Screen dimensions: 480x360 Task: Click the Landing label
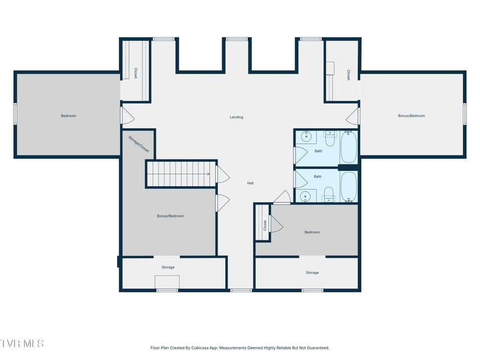click(236, 117)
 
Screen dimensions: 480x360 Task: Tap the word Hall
click(250, 183)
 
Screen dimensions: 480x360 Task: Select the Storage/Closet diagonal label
click(138, 144)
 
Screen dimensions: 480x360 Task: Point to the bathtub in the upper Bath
click(349, 147)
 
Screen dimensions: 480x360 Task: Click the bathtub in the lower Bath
click(349, 186)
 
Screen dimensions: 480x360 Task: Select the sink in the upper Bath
click(306, 137)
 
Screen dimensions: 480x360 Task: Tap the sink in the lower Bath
click(305, 196)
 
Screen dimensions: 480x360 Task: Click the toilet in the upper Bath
click(330, 139)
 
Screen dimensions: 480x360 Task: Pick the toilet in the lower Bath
click(329, 194)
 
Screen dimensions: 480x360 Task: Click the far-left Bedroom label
click(68, 116)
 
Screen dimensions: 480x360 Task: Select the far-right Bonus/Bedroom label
click(411, 116)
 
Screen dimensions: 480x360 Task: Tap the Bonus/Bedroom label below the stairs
click(170, 216)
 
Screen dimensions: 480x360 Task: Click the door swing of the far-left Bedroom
click(128, 115)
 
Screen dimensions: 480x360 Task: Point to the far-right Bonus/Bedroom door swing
click(352, 116)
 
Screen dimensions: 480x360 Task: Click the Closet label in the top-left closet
click(135, 73)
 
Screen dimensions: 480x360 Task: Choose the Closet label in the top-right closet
click(348, 75)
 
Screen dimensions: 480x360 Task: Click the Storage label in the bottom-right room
click(312, 272)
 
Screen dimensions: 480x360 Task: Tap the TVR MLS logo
click(22, 344)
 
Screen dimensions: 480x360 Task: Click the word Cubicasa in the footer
click(200, 348)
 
